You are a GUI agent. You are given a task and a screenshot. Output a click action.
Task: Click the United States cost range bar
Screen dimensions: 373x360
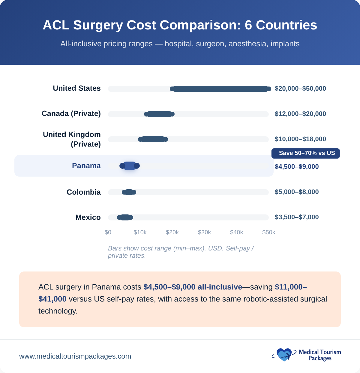point(220,89)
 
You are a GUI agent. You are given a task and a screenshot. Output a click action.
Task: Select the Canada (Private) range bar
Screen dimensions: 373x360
point(159,114)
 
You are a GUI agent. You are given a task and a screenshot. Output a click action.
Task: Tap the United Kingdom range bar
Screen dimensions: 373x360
point(153,139)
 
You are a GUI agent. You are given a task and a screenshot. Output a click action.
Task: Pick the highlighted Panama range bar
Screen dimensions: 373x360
point(130,166)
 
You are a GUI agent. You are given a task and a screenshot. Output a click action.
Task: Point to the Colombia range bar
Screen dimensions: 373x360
point(129,192)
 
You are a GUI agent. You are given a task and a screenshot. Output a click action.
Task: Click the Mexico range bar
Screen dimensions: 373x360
point(125,217)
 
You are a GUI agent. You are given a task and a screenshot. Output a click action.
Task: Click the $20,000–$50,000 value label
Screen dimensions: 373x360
point(300,89)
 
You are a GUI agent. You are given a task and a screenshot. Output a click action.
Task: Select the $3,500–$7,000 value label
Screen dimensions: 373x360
point(297,217)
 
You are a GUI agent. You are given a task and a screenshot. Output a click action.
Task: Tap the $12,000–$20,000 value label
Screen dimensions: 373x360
point(300,114)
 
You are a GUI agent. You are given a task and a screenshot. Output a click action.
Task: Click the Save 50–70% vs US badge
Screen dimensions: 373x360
point(306,153)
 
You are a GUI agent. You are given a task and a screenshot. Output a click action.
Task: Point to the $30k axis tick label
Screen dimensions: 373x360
point(204,232)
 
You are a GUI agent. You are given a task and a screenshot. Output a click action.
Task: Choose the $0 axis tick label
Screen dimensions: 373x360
point(108,232)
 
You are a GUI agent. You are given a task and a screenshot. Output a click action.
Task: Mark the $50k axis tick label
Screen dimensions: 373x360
point(268,232)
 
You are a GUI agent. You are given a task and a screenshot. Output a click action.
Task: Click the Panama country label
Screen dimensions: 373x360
point(86,166)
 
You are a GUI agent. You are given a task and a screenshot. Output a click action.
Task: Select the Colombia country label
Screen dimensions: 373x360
point(84,192)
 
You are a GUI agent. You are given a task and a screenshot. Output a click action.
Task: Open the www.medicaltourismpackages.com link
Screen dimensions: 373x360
point(75,356)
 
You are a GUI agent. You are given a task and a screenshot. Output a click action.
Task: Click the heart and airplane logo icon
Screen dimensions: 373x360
point(283,355)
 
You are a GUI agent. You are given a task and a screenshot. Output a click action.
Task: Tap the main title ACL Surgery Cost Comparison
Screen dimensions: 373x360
point(180,25)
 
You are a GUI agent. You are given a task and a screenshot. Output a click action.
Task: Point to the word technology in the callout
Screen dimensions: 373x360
point(58,311)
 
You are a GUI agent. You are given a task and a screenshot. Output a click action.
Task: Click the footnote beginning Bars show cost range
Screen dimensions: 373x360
point(181,252)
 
